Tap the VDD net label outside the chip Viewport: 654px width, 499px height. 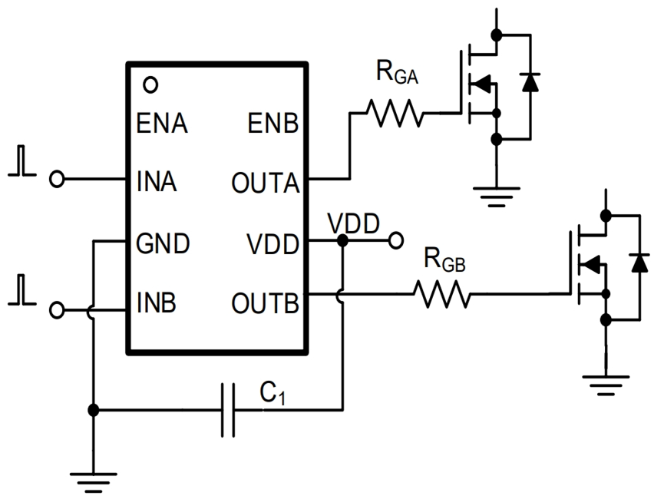(x=352, y=223)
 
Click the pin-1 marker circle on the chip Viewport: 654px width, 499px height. (x=151, y=83)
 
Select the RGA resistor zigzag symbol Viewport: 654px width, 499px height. (x=395, y=114)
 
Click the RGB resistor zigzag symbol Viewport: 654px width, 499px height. (x=441, y=293)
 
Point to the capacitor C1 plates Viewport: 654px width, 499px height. (x=227, y=411)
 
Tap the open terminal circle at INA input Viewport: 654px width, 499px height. (x=57, y=180)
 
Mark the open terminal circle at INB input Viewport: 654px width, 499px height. (x=57, y=309)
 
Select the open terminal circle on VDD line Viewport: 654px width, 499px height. (x=395, y=241)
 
